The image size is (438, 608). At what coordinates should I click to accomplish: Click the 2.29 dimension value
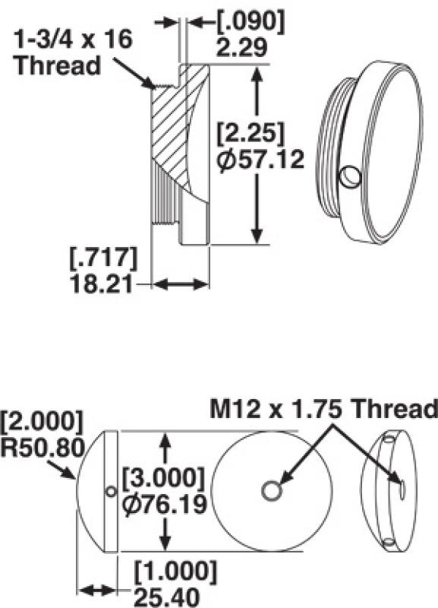click(241, 49)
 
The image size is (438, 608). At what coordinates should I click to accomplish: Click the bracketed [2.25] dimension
click(250, 134)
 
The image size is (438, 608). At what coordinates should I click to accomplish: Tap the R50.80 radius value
click(41, 447)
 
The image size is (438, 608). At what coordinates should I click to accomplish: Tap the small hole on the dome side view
click(111, 492)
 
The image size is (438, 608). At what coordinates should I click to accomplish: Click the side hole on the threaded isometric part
click(350, 176)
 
